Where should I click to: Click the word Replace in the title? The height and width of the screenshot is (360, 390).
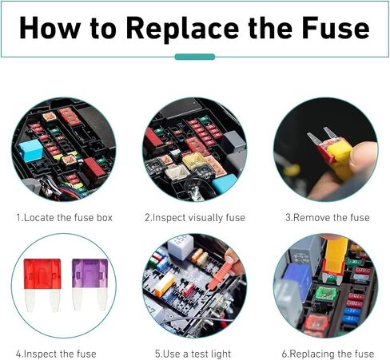click(182, 29)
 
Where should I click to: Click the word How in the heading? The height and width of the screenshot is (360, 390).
click(50, 28)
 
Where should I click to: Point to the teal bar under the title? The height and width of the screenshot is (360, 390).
click(195, 57)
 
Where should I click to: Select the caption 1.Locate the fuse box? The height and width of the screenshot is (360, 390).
click(64, 218)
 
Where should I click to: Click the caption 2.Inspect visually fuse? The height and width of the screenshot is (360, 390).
click(195, 218)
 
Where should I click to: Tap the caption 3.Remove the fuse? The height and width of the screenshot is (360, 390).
click(328, 218)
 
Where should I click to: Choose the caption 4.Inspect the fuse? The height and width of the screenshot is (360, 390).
click(56, 354)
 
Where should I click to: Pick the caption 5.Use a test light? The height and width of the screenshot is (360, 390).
click(193, 354)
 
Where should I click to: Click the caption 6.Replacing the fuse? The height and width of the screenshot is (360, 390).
click(328, 354)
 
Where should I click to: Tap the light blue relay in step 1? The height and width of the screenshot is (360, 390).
click(30, 150)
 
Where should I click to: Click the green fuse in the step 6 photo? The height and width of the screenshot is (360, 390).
click(325, 295)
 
